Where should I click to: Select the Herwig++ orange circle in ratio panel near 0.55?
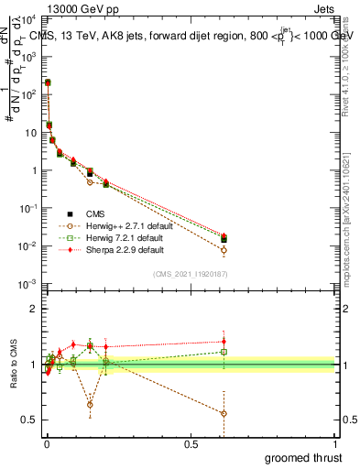tap(224, 413)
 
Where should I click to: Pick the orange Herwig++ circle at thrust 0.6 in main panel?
tap(224, 250)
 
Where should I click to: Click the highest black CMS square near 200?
tap(47, 82)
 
